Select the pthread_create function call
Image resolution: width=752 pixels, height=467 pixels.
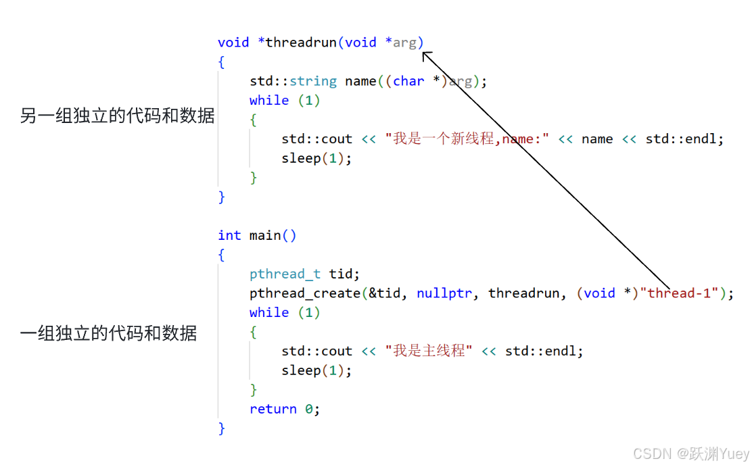point(305,293)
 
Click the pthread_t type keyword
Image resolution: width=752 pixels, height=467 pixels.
point(285,274)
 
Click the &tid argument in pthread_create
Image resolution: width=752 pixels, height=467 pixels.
point(388,293)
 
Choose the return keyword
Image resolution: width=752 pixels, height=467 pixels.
point(273,409)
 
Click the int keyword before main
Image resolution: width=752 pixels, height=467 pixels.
point(229,235)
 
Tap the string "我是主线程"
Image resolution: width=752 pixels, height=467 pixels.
point(429,351)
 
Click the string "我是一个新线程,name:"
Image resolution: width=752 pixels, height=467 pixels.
point(467,139)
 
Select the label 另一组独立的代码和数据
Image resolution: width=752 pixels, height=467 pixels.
point(117,116)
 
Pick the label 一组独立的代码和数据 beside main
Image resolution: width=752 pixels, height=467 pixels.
point(109,333)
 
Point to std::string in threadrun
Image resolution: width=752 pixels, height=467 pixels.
point(293,81)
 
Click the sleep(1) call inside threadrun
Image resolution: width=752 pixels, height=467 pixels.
point(316,158)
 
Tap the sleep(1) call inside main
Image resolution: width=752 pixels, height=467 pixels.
point(316,370)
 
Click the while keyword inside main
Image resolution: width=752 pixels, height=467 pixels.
point(268,313)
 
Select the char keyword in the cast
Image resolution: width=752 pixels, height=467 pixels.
point(408,81)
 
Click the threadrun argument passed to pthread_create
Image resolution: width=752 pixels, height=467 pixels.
point(523,293)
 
